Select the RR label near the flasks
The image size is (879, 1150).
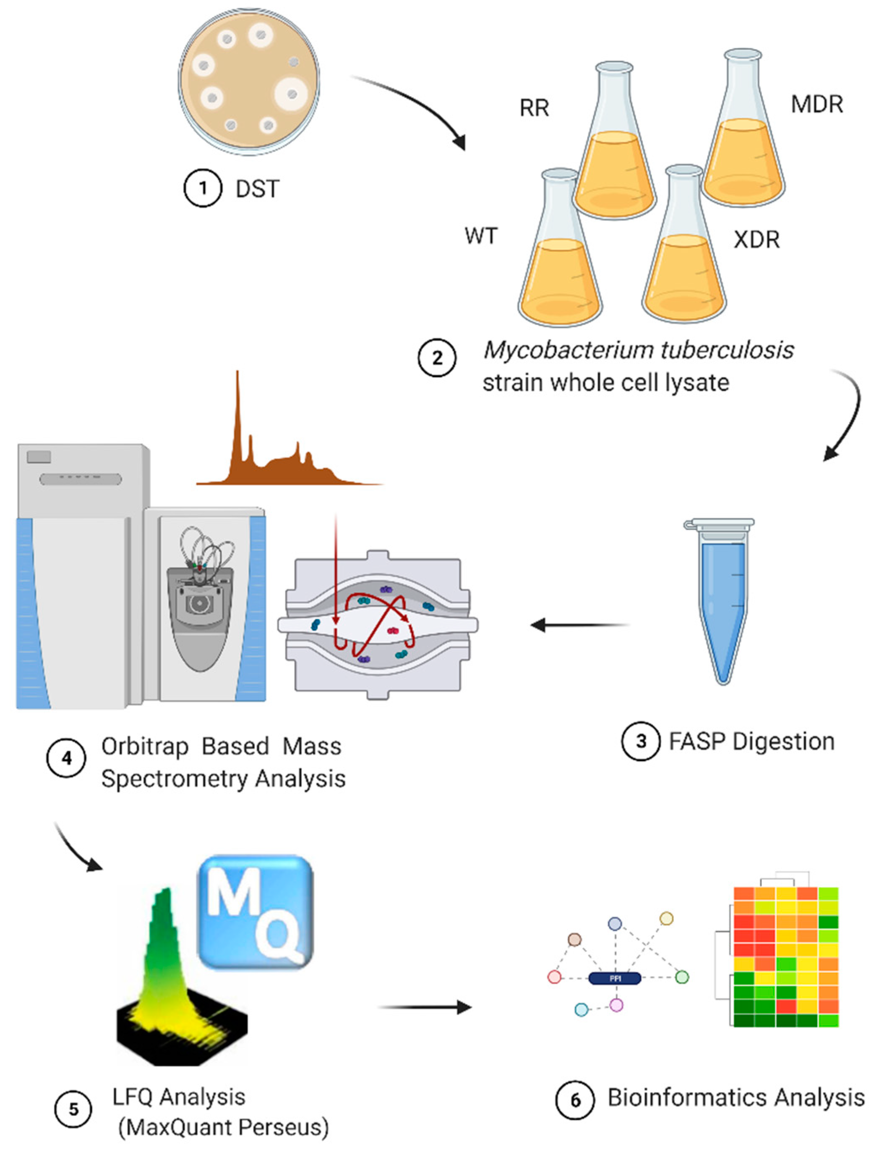pyautogui.click(x=534, y=108)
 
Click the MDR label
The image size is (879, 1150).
pyautogui.click(x=817, y=104)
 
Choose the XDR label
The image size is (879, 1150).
pyautogui.click(x=756, y=240)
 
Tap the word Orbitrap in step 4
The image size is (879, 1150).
pyautogui.click(x=145, y=747)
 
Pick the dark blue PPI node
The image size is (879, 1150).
pyautogui.click(x=615, y=978)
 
